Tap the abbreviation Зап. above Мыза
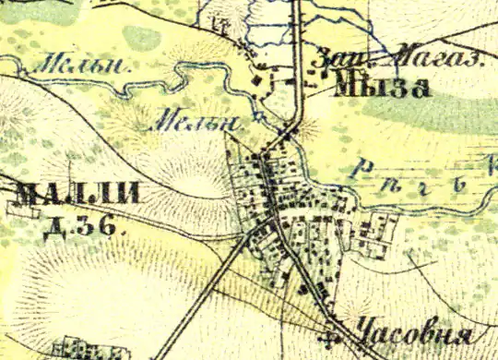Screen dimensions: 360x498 335,57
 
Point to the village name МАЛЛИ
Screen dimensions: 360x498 77,195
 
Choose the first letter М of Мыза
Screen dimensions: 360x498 349,88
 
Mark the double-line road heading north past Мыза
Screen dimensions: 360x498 298,55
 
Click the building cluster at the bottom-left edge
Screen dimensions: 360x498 88,350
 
